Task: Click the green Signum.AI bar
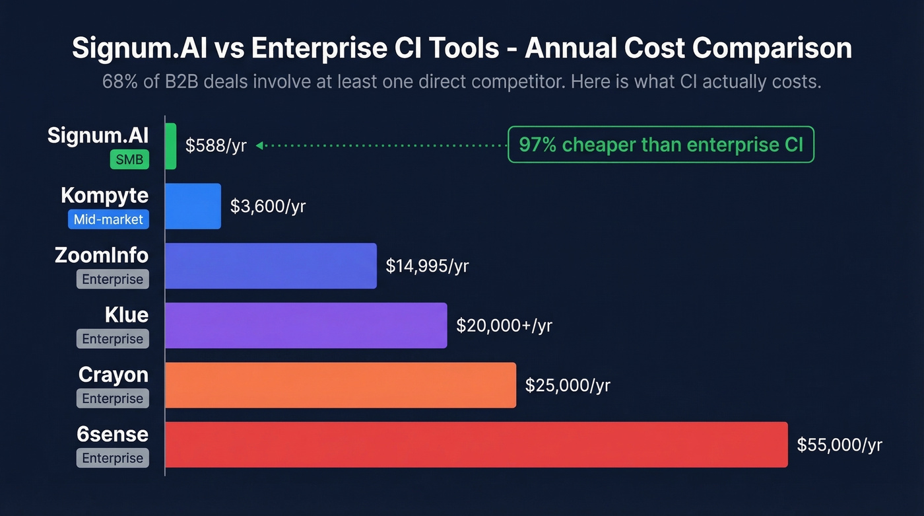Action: [171, 146]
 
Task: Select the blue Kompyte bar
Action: [193, 206]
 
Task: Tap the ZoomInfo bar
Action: [271, 266]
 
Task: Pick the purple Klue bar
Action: [306, 325]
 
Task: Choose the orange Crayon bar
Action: [340, 385]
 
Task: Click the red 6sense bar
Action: [476, 445]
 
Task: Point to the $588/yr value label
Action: [216, 146]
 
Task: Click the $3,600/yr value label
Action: [268, 206]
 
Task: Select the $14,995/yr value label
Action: [427, 266]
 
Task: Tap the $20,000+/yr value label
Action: [504, 325]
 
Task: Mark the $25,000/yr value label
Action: [568, 385]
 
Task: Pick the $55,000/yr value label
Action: [840, 445]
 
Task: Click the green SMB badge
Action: [129, 160]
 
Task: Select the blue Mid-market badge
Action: [108, 219]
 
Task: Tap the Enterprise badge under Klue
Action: [112, 339]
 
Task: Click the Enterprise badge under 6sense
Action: [112, 458]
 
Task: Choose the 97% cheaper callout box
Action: [661, 145]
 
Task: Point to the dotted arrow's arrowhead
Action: [259, 145]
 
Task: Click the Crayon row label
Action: [113, 375]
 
